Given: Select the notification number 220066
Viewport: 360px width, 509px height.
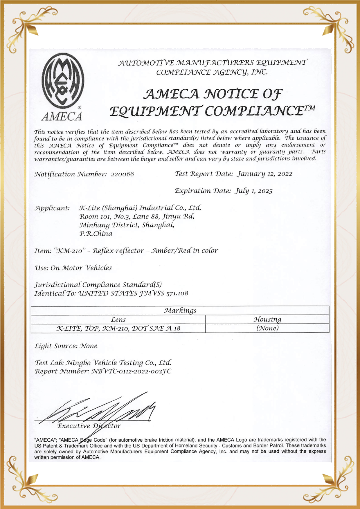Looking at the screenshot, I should [x=122, y=174].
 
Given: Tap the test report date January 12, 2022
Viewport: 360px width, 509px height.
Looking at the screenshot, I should [x=264, y=174].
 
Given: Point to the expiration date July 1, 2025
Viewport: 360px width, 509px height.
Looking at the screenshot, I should [x=253, y=191].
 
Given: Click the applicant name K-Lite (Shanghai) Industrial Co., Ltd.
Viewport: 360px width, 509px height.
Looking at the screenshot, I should [x=140, y=208].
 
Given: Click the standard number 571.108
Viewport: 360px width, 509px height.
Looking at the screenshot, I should [x=177, y=293].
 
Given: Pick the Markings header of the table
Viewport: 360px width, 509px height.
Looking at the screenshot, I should [x=180, y=311].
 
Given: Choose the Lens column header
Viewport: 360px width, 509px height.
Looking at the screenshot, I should [x=118, y=320].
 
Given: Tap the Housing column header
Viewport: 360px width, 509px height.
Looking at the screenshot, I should [x=267, y=320].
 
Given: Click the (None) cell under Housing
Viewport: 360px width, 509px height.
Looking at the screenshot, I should [x=267, y=328].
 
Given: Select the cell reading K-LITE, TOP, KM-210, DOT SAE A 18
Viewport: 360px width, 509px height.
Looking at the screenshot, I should [x=118, y=328].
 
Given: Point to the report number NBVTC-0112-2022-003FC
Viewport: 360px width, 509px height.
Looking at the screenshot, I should [x=131, y=371].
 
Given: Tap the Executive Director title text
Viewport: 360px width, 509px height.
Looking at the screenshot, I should [x=89, y=426].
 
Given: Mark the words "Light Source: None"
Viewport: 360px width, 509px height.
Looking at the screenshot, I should [x=66, y=346].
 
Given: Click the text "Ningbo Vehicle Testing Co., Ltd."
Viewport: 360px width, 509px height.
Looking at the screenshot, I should [x=119, y=363].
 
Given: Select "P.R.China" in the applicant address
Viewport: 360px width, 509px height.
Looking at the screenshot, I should [x=96, y=234].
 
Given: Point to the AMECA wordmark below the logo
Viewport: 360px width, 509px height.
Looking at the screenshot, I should [x=62, y=116].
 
